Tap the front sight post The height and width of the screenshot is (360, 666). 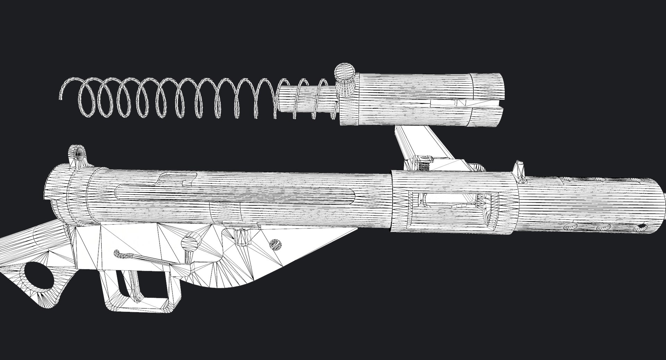(519, 170)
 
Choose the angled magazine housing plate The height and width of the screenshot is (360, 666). (409, 146)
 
